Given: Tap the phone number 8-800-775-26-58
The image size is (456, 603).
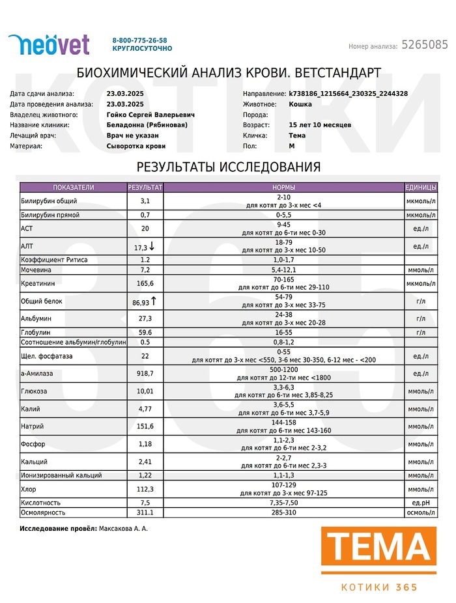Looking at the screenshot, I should [139, 40].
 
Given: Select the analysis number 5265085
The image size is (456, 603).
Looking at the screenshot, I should [425, 45].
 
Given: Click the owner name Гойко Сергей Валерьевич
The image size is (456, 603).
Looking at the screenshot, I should [150, 115].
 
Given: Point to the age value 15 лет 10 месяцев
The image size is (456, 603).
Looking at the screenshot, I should [320, 125].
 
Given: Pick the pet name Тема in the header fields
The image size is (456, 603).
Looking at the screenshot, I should [297, 135].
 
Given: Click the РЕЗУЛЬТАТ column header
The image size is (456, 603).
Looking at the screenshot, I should [145, 188].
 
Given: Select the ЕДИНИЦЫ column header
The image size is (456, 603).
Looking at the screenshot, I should [420, 188].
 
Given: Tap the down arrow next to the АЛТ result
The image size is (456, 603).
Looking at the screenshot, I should [152, 247].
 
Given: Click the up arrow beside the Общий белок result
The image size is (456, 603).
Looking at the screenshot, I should [156, 301].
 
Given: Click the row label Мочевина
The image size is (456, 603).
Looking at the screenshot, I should [36, 270].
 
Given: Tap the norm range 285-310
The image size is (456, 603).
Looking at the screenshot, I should [283, 513].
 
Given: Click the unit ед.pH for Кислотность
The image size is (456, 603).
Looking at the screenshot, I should [420, 503].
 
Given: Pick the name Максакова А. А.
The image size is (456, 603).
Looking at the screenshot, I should [123, 528].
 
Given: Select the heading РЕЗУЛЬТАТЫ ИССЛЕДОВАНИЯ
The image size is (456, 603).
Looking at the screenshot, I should [229, 167].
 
